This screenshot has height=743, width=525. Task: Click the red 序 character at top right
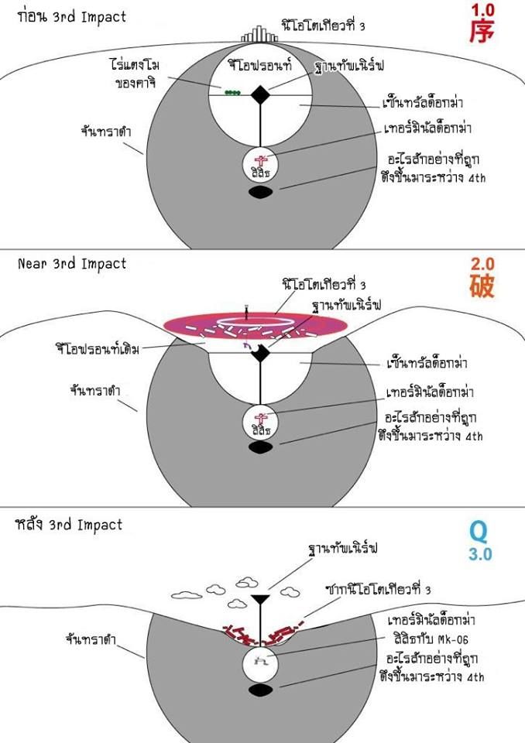pyautogui.click(x=482, y=31)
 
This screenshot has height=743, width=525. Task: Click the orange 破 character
pyautogui.click(x=482, y=286)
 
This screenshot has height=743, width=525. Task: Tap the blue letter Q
pyautogui.click(x=479, y=533)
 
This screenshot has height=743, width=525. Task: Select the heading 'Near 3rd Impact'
pyautogui.click(x=72, y=264)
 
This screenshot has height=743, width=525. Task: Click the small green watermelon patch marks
pyautogui.click(x=232, y=92)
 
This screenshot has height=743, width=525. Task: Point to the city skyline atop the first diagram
pyautogui.click(x=259, y=34)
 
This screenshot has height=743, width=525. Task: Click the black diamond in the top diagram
pyautogui.click(x=260, y=94)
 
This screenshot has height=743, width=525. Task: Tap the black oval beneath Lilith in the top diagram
pyautogui.click(x=260, y=192)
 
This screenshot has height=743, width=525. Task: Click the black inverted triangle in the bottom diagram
pyautogui.click(x=259, y=599)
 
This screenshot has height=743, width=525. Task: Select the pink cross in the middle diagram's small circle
pyautogui.click(x=261, y=418)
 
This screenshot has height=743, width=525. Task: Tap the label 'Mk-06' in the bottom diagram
pyautogui.click(x=453, y=640)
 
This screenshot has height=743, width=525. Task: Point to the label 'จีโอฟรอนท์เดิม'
pyautogui.click(x=98, y=349)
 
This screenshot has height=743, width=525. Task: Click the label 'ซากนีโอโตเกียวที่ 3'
pyautogui.click(x=378, y=590)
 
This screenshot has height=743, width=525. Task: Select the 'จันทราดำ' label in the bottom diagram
pyautogui.click(x=91, y=640)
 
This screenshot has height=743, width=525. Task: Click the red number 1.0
pyautogui.click(x=482, y=10)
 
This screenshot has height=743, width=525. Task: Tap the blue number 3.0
pyautogui.click(x=480, y=554)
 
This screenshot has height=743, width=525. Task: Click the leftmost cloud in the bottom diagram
pyautogui.click(x=187, y=594)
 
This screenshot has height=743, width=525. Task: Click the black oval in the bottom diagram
pyautogui.click(x=260, y=690)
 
